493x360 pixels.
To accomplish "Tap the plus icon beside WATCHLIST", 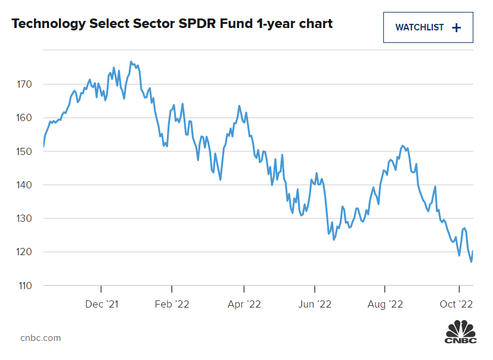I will [x=457, y=27].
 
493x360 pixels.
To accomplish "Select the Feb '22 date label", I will [x=172, y=304].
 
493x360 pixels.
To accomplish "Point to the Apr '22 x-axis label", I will [x=244, y=304].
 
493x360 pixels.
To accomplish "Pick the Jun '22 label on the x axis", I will [x=315, y=304].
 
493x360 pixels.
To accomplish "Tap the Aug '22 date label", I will [x=385, y=304].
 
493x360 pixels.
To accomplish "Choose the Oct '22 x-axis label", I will [x=457, y=304].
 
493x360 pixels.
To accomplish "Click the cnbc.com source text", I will [x=41, y=338].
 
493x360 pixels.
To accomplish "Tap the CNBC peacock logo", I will [x=461, y=331].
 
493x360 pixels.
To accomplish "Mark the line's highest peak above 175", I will [x=131, y=61].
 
